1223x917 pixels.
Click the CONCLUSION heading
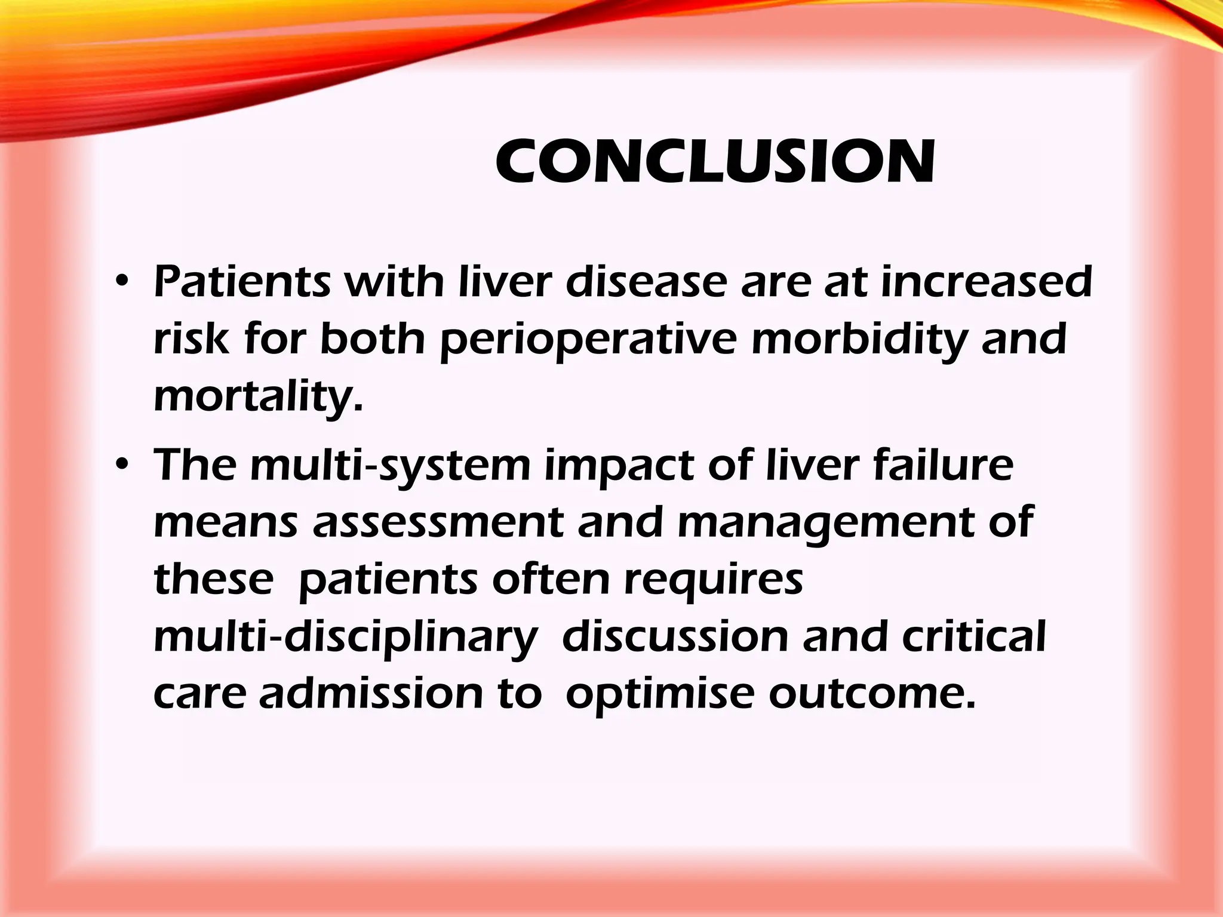coord(715,161)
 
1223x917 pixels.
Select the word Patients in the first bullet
coord(242,282)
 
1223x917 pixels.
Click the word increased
coord(987,282)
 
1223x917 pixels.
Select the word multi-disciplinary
coord(346,638)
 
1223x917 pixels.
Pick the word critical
coord(974,636)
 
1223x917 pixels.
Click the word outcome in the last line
coord(872,694)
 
